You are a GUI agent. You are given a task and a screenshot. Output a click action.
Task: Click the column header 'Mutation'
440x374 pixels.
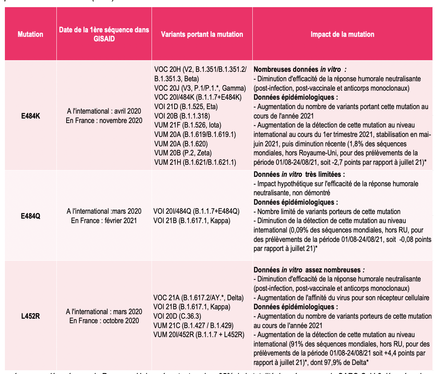click(x=30, y=34)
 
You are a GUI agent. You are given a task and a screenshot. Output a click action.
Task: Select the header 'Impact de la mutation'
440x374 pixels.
click(x=342, y=34)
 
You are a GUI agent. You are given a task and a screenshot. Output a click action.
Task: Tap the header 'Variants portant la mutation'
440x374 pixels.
click(x=202, y=34)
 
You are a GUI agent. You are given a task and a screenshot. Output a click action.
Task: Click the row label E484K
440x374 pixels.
click(x=30, y=116)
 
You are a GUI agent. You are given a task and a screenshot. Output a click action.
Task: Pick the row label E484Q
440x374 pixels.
click(x=30, y=216)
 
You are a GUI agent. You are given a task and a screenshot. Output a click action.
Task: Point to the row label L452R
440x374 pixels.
click(x=30, y=316)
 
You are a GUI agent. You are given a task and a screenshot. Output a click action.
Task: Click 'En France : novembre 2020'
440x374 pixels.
click(x=104, y=120)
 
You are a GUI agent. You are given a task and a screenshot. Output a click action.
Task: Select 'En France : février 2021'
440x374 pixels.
click(x=104, y=220)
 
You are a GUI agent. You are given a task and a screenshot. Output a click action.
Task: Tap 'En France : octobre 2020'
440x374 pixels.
click(x=104, y=321)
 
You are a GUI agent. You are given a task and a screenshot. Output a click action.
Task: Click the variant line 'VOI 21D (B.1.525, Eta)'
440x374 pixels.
click(x=186, y=106)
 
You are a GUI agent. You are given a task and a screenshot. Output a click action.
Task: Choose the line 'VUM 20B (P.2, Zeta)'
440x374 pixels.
click(x=183, y=153)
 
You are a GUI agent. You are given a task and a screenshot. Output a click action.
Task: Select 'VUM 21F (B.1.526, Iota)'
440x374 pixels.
click(x=187, y=125)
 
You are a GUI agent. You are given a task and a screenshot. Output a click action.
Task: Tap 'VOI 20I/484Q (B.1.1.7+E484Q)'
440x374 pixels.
click(x=197, y=211)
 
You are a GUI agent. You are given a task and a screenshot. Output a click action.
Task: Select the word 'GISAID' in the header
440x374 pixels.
click(x=104, y=38)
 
